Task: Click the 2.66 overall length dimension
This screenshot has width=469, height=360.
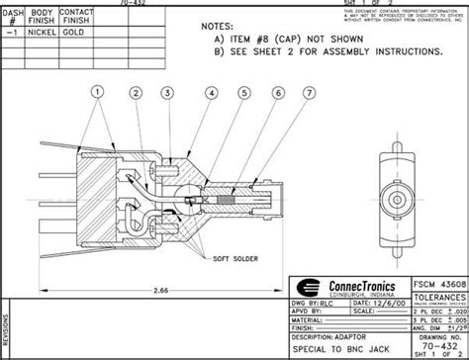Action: pyautogui.click(x=160, y=291)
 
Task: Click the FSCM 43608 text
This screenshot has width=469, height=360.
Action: pyautogui.click(x=436, y=281)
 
